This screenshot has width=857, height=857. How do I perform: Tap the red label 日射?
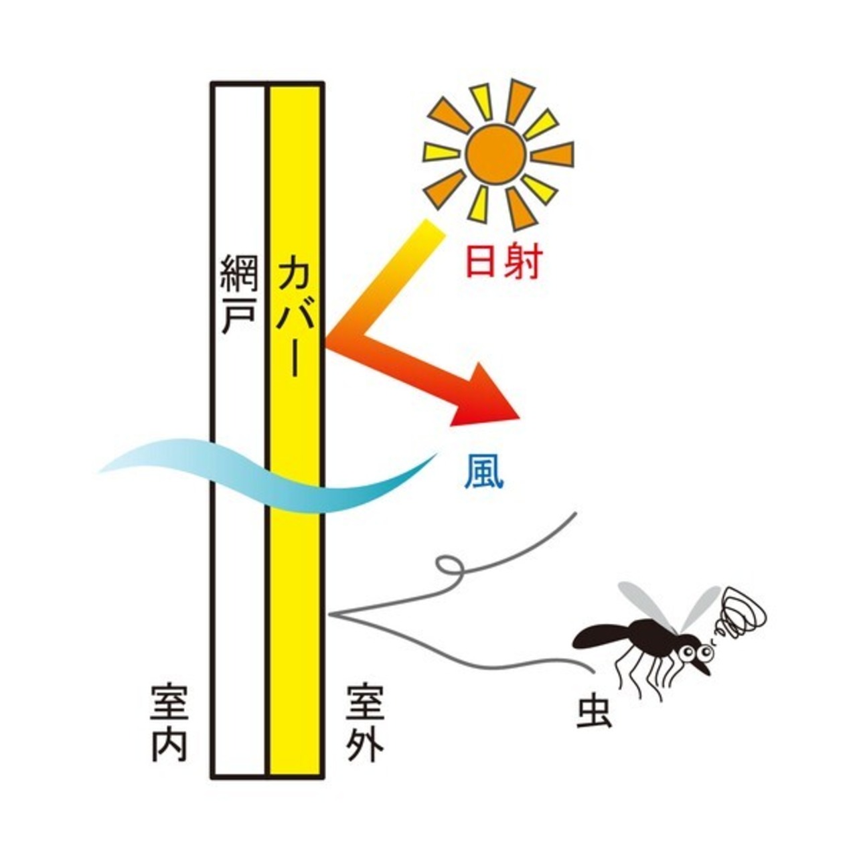point(501,262)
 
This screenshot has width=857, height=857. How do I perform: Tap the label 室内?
point(169,724)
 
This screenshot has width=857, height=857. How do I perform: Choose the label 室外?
point(365,724)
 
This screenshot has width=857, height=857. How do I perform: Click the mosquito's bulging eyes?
point(694,649)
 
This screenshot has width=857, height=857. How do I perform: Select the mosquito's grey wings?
point(670,606)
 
